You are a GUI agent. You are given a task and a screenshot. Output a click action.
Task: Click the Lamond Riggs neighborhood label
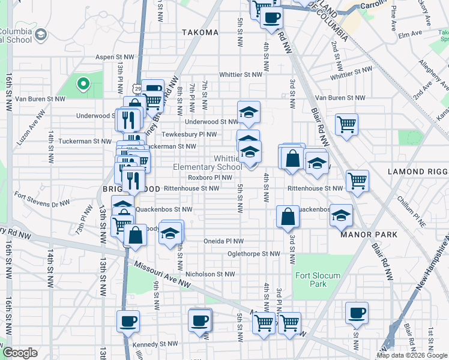pos(415,172)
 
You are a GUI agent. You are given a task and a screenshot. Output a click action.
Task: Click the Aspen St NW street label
pos(116,58)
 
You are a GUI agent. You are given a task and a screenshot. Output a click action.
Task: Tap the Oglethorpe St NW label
pos(254,254)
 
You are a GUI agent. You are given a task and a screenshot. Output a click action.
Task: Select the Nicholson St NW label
pos(209,274)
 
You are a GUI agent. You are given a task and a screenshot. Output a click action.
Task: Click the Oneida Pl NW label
pos(223,241)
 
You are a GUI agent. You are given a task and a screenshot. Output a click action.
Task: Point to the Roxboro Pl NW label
pos(209,178)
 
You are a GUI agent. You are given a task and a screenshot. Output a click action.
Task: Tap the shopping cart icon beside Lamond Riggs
pos(357,179)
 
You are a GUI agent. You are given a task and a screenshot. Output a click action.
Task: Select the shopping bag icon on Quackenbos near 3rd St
pos(288,216)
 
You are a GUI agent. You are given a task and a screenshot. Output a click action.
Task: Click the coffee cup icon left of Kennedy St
pos(127,321)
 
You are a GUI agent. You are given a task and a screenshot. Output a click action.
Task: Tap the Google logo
pos(20,353)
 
